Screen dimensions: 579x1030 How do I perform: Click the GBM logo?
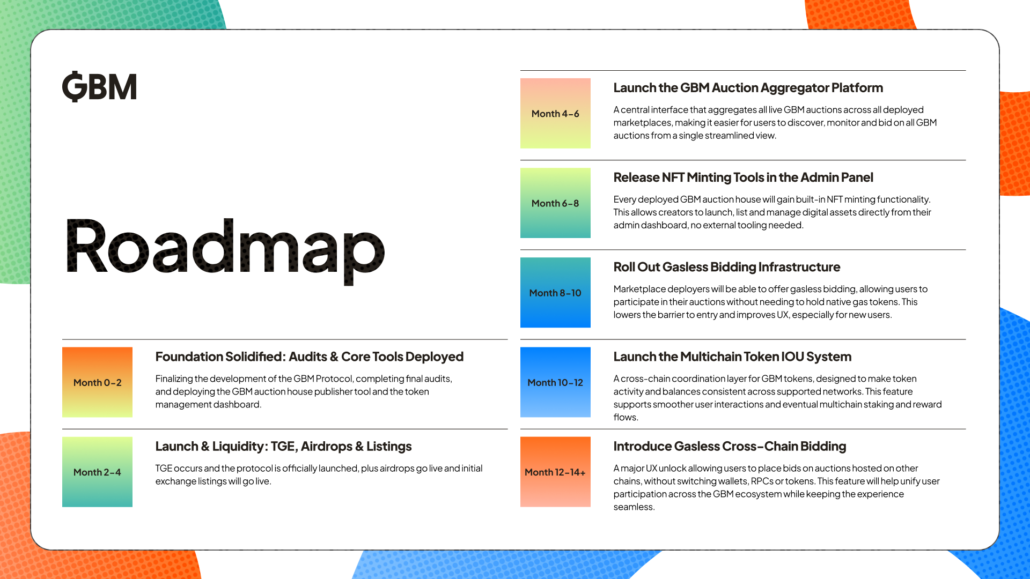(99, 87)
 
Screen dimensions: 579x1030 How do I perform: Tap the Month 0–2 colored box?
(97, 382)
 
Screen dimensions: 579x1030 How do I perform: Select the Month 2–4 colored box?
(97, 472)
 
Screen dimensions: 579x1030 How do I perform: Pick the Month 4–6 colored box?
(555, 114)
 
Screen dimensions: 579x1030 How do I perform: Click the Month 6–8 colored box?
(555, 203)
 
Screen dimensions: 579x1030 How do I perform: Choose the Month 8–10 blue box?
(555, 293)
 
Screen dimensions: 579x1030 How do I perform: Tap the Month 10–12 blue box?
(555, 382)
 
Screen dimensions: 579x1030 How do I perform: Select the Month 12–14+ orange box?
(555, 472)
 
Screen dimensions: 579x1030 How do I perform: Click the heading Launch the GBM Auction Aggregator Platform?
(748, 88)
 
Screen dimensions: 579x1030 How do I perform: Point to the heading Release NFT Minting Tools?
(743, 177)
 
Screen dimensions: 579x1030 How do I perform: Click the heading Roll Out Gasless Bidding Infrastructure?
(726, 267)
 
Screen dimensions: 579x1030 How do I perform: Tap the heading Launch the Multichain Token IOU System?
(732, 357)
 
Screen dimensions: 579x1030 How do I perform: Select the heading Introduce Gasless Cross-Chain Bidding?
(730, 446)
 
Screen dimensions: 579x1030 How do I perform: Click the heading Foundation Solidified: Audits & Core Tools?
(309, 357)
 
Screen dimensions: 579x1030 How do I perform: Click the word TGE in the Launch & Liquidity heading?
(283, 446)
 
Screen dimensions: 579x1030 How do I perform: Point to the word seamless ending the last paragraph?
(633, 507)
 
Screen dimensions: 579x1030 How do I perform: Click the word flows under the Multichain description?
(625, 418)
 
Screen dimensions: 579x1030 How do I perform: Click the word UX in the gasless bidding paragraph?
(782, 315)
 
